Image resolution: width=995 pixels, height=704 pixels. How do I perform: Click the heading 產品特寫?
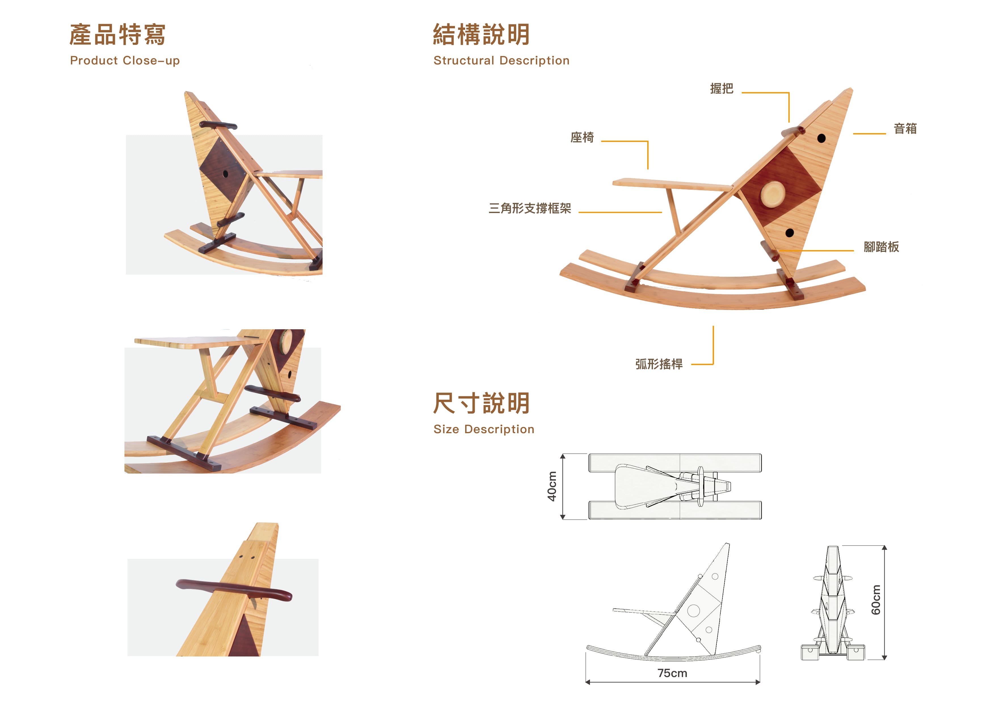tap(117, 35)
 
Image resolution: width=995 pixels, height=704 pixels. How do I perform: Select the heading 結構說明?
tap(481, 35)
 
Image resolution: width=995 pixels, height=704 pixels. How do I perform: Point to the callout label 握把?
tap(722, 89)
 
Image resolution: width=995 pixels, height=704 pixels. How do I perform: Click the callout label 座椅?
tap(582, 137)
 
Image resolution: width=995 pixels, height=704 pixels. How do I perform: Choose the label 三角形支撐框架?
tap(530, 208)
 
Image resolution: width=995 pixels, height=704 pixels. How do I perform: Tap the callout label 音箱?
tap(905, 128)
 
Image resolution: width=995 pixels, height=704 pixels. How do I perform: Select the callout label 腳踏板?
tap(882, 247)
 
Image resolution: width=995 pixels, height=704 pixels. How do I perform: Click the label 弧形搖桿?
tap(659, 364)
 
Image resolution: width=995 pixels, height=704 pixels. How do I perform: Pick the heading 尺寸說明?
tap(481, 403)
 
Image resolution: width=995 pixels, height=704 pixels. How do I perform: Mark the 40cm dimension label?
tap(552, 486)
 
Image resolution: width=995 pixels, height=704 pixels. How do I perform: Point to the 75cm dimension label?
tap(672, 673)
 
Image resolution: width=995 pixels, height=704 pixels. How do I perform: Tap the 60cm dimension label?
tap(876, 600)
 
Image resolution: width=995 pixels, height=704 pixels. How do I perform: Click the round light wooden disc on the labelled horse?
tap(773, 194)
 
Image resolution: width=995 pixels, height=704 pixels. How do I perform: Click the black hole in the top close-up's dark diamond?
tap(225, 174)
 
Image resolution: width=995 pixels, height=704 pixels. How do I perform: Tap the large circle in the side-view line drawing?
tap(693, 611)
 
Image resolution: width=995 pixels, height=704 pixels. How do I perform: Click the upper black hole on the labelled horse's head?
tap(821, 138)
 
